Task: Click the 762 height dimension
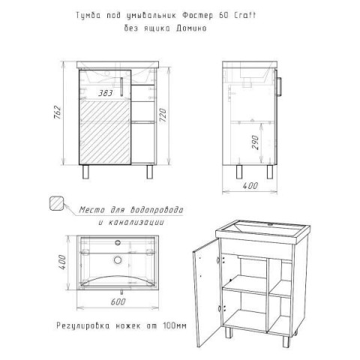(57, 112)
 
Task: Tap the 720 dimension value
(163, 115)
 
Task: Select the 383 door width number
(105, 93)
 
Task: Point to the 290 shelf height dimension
(255, 142)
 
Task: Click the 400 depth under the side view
(250, 185)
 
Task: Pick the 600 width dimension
(118, 301)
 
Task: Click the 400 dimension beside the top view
(62, 262)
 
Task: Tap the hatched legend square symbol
(57, 203)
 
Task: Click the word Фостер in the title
(198, 16)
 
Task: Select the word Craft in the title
(244, 16)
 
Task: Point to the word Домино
(191, 28)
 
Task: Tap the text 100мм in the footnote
(175, 325)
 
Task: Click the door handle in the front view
(121, 86)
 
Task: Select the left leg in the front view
(85, 172)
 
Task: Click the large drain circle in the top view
(118, 259)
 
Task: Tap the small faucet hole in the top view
(118, 242)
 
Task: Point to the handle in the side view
(280, 86)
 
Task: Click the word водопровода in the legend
(157, 210)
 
